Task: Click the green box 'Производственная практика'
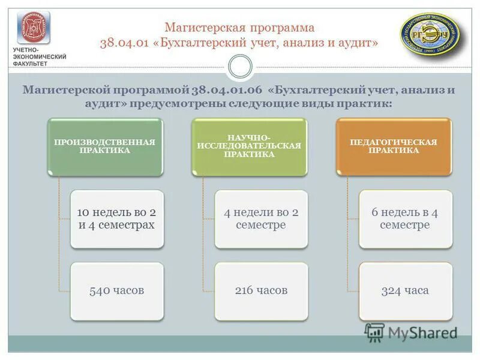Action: pos(105,146)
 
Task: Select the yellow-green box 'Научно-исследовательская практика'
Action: pos(249,146)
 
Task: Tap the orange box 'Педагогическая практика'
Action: pos(393,146)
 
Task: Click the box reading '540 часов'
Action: pos(117,291)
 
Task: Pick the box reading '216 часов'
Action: pos(261,291)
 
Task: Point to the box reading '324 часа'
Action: pos(405,291)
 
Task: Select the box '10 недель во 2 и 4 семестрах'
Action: pos(117,219)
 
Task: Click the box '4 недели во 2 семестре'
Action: pos(261,219)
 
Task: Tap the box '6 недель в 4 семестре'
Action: pos(405,219)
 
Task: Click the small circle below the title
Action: pos(240,66)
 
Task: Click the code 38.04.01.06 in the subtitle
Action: pos(229,91)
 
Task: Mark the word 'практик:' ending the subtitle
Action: pos(373,104)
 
